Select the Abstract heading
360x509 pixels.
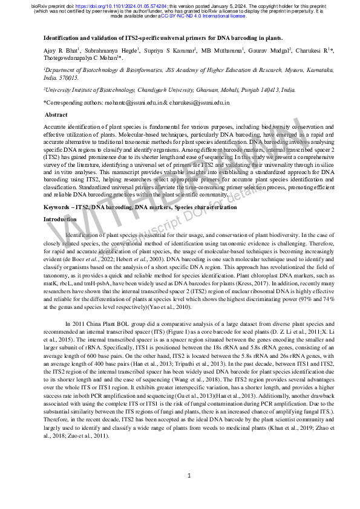pyautogui.click(x=56, y=114)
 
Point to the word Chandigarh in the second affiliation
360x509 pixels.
pyautogui.click(x=162, y=89)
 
